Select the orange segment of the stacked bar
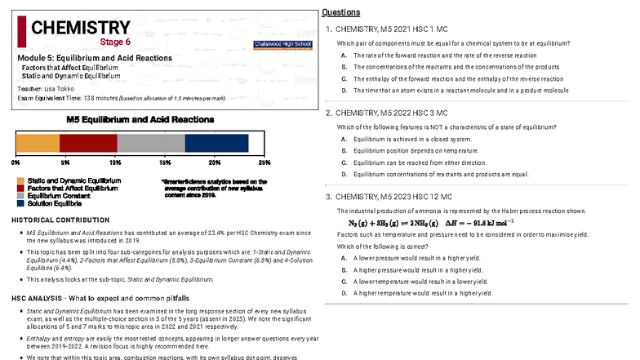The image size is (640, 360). pyautogui.click(x=38, y=142)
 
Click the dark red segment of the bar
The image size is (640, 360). pyautogui.click(x=88, y=142)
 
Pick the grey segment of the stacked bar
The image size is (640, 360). pyautogui.click(x=151, y=142)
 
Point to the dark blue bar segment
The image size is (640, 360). pyautogui.click(x=216, y=142)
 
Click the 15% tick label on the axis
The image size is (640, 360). pyautogui.click(x=166, y=162)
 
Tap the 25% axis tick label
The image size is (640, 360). pyautogui.click(x=264, y=162)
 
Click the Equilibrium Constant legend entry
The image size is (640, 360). pyautogui.click(x=64, y=196)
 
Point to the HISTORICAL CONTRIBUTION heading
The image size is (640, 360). pyautogui.click(x=63, y=221)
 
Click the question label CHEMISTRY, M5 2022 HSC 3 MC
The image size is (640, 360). pyautogui.click(x=391, y=113)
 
